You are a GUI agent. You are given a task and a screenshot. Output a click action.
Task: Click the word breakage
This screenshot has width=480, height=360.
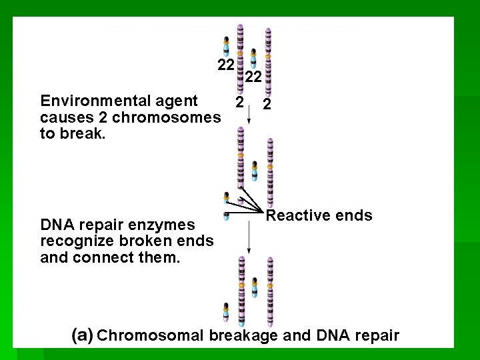(x=243, y=335)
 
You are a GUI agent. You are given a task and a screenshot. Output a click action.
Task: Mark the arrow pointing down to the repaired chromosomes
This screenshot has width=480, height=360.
(x=249, y=237)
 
